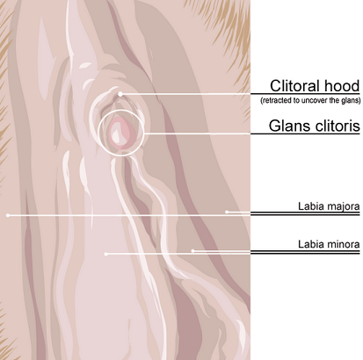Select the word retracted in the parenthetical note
tap(276, 100)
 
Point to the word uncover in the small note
tap(313, 100)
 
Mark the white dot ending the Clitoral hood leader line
tap(120, 94)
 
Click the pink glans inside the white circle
tap(121, 131)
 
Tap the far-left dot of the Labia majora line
tap(8, 215)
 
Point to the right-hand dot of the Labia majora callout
tap(227, 212)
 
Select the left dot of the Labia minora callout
tap(106, 254)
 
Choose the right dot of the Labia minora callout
tap(192, 251)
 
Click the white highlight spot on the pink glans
tap(117, 133)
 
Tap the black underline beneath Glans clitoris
tap(305, 133)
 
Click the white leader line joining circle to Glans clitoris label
tap(197, 133)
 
